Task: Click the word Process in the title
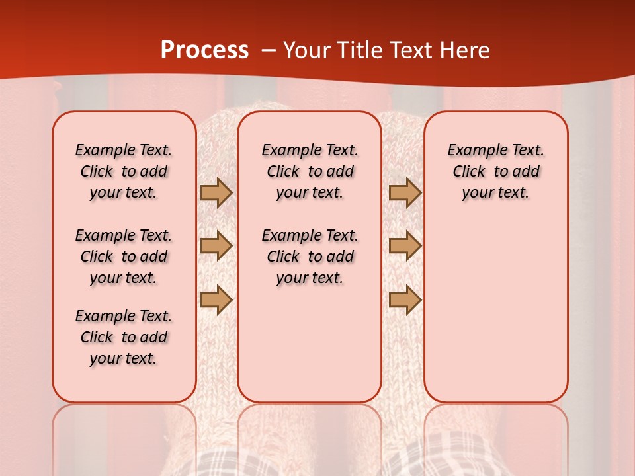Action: (x=204, y=50)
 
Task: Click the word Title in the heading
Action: (x=359, y=50)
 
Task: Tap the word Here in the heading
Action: (x=464, y=50)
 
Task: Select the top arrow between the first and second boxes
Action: (x=216, y=192)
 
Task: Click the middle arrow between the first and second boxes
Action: (x=216, y=246)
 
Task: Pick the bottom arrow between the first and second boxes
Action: (x=216, y=299)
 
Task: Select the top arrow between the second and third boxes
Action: (x=405, y=192)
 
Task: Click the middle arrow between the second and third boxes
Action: (x=405, y=246)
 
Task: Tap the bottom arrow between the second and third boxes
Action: (x=405, y=299)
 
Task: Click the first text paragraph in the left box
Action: (x=124, y=171)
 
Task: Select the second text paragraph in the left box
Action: (x=124, y=257)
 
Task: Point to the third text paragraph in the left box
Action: (x=124, y=337)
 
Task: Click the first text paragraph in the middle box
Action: (x=310, y=171)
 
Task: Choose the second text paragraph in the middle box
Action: (x=310, y=257)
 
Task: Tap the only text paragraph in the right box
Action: (x=495, y=171)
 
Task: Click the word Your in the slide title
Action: (x=307, y=50)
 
